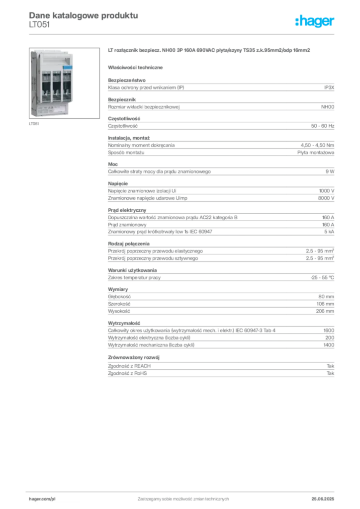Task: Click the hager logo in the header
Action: (315, 21)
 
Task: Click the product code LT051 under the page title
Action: (39, 25)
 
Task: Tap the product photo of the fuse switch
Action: (64, 83)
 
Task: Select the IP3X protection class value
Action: (329, 87)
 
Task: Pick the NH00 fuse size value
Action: (328, 107)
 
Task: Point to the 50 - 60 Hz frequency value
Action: (322, 126)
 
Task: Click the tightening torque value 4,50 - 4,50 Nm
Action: (317, 146)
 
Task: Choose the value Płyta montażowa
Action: (316, 153)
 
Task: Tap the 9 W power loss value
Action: (330, 171)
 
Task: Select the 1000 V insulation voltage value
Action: (327, 191)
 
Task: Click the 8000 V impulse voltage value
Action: (326, 198)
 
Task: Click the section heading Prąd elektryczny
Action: (127, 210)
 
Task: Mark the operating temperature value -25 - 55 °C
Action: (322, 278)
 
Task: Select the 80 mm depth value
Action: (326, 297)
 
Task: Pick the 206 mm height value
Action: (325, 311)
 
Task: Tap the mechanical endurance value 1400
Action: (329, 345)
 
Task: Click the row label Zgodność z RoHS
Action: (127, 374)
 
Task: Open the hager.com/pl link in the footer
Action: (42, 499)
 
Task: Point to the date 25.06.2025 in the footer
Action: (323, 499)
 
